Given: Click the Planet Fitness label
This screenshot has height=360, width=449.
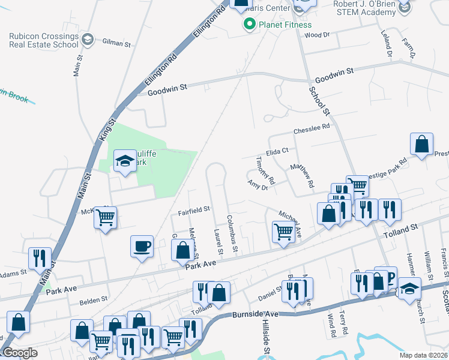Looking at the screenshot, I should click(x=285, y=25).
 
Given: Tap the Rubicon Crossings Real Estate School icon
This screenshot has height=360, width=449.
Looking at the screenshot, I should click(x=88, y=40).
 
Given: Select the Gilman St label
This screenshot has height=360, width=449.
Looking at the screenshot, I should click(x=116, y=44).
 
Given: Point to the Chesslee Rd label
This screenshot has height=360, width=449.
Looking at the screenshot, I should click(x=312, y=128).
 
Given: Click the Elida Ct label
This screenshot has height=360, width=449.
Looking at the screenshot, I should click(x=278, y=152).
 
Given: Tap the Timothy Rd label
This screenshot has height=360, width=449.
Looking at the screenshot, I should click(x=265, y=172).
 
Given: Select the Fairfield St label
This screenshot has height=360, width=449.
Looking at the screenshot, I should click(x=193, y=210).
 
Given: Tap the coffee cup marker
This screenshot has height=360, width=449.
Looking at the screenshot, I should click(x=142, y=246).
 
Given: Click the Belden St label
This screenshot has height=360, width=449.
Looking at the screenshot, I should click(x=95, y=298).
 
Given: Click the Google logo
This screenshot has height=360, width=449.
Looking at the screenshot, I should click(x=20, y=353).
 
